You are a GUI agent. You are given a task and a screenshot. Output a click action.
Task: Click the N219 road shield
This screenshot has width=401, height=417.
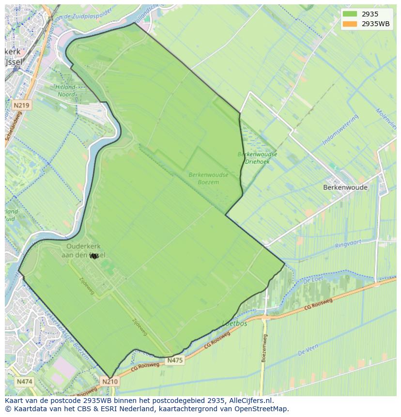click(21, 105)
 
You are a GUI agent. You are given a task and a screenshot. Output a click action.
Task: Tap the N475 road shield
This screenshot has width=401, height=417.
click(175, 360)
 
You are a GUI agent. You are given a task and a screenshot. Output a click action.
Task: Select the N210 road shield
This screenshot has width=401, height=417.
click(109, 382)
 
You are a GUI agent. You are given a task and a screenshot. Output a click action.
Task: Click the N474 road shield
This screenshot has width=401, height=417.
click(24, 382)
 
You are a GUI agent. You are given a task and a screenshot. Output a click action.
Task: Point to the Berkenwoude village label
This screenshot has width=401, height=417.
click(345, 187)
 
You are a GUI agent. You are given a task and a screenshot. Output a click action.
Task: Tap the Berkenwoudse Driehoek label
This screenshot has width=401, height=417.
click(257, 158)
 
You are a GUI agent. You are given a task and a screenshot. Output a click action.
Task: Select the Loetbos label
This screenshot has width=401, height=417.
click(234, 323)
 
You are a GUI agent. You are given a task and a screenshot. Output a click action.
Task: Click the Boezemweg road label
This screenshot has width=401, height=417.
click(264, 348)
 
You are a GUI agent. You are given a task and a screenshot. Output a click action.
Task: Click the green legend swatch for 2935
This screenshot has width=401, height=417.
click(349, 14)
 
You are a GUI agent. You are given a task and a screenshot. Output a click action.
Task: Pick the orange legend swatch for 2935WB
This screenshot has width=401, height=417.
click(349, 24)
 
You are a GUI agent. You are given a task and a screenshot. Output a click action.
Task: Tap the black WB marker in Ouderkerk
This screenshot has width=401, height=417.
click(94, 256)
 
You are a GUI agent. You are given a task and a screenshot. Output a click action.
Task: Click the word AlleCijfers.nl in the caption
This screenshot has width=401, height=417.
click(251, 401)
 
